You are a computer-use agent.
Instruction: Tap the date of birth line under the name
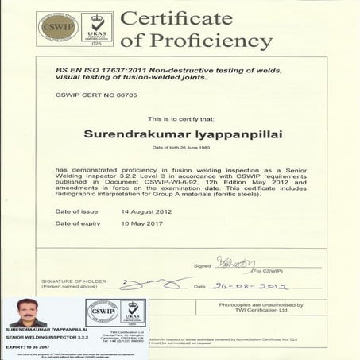pos(180,149)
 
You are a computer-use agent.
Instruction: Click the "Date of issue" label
pos(78,211)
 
